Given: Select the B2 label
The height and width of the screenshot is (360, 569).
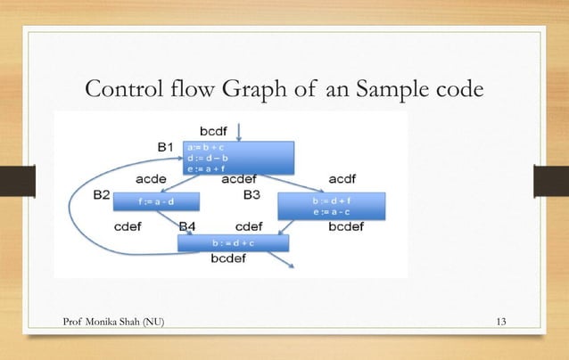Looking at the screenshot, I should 101,194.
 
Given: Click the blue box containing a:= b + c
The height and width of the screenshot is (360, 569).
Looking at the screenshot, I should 237,157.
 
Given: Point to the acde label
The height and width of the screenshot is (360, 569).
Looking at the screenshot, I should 153,179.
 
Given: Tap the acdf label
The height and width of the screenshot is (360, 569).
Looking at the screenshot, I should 345,179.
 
